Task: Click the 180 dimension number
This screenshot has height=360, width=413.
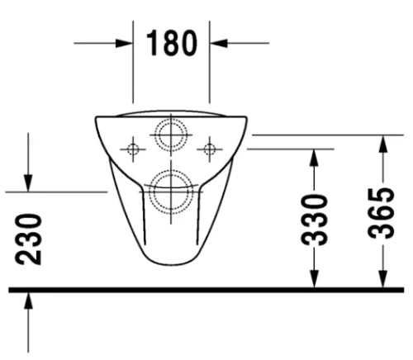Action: click(172, 43)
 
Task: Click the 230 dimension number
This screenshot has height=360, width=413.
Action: click(29, 239)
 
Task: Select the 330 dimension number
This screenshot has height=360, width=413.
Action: click(314, 220)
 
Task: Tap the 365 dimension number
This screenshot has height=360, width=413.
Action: click(382, 213)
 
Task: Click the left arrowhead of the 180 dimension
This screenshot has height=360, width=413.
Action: click(124, 43)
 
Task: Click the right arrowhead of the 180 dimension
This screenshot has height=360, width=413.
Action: click(219, 43)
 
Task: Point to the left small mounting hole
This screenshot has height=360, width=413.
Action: click(133, 149)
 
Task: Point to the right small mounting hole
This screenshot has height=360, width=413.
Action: click(210, 149)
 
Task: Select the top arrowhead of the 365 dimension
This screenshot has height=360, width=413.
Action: click(383, 144)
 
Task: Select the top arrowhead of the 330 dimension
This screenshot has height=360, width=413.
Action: click(314, 158)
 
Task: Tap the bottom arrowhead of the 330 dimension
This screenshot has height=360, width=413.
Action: click(314, 278)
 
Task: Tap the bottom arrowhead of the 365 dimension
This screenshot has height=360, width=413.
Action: click(383, 278)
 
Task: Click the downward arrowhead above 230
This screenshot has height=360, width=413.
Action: click(28, 182)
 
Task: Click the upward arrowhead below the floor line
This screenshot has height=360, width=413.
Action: click(28, 301)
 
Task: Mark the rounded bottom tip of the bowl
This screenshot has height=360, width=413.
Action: click(171, 265)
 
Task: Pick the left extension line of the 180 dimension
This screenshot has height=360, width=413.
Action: click(133, 62)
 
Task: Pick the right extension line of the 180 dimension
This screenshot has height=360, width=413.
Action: click(210, 62)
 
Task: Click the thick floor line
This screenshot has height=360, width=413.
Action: click(206, 290)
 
